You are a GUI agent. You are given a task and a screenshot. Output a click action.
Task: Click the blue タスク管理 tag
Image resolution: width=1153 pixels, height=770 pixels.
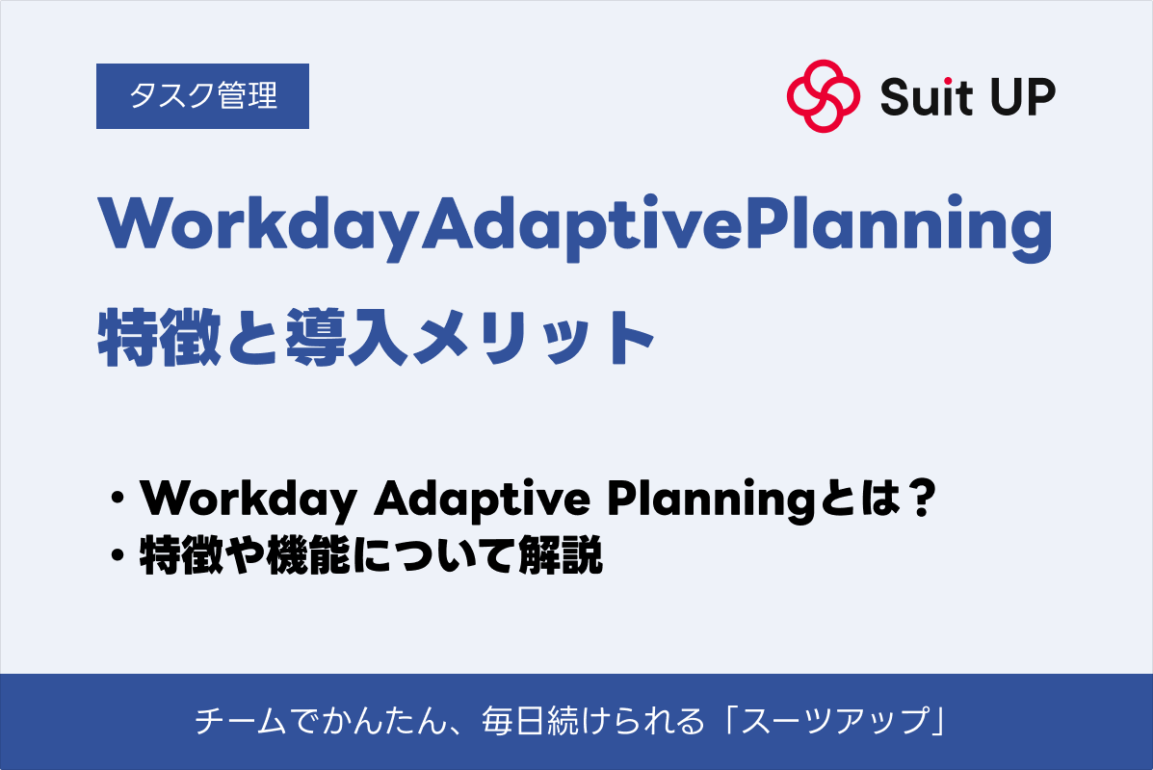point(202,96)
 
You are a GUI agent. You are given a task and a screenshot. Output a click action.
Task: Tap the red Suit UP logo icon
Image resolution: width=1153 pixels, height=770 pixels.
point(823,96)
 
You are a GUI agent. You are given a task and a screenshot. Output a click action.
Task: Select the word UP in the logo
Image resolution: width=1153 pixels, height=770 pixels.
point(1023,97)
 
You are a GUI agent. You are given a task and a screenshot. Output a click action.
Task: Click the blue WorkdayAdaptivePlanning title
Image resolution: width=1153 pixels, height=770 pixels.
point(575,225)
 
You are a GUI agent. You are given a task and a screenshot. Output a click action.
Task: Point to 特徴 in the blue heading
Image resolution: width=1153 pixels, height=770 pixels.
point(160,337)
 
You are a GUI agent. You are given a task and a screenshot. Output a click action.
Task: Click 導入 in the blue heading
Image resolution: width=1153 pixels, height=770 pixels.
point(347,337)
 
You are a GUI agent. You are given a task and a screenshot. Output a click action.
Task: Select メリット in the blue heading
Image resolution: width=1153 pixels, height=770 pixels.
point(534,338)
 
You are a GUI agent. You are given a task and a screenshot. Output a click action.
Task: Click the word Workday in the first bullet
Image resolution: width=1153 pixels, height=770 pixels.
point(249,500)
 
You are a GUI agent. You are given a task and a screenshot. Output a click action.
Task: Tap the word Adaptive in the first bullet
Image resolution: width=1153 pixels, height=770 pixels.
point(482,500)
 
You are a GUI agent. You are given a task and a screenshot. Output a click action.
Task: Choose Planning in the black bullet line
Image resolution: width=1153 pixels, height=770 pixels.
point(711,500)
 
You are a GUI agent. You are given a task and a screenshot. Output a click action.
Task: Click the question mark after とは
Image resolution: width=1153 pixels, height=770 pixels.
point(921,498)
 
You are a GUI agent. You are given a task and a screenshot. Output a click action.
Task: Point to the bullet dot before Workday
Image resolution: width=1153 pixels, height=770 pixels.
point(117,499)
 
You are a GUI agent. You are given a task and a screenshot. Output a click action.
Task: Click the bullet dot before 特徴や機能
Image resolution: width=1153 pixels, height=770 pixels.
point(117,556)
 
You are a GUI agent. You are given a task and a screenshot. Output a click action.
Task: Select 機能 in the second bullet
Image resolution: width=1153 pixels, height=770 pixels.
point(308,555)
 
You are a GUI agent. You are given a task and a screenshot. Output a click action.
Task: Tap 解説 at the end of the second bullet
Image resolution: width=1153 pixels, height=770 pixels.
point(561,555)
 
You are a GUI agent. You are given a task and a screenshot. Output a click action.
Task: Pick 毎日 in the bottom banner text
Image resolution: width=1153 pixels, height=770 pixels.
point(512,721)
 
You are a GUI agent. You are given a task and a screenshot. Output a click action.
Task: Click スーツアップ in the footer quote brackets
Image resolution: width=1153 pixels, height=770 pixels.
point(835,721)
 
